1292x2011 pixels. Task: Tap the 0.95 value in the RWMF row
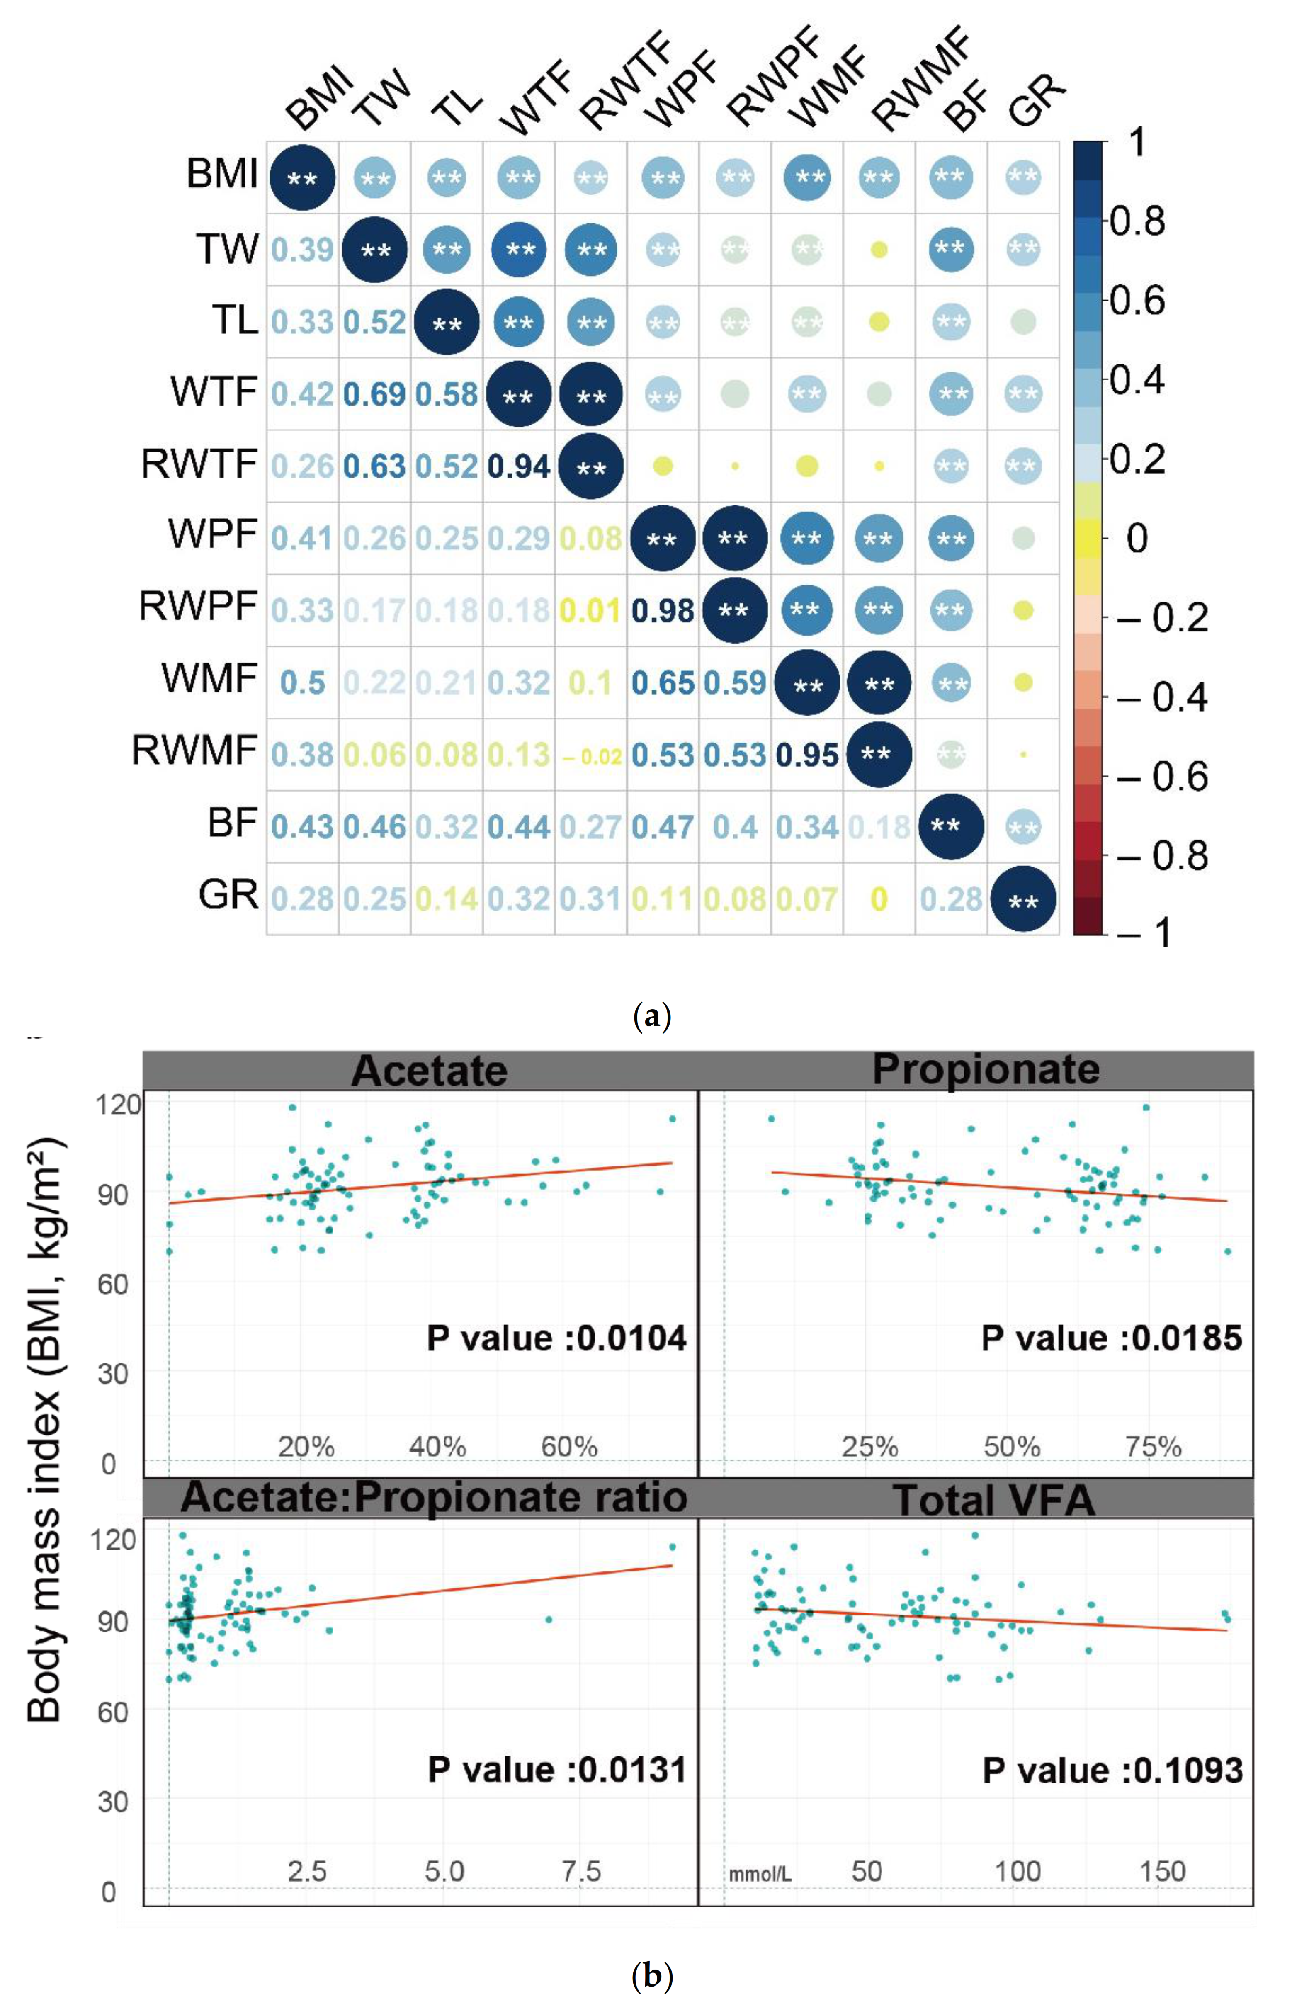click(x=807, y=755)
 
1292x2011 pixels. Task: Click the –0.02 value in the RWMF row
click(x=590, y=757)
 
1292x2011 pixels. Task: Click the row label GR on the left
click(x=228, y=894)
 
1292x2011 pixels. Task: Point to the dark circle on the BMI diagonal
click(x=302, y=178)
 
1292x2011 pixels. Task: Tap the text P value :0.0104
click(x=556, y=1337)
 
